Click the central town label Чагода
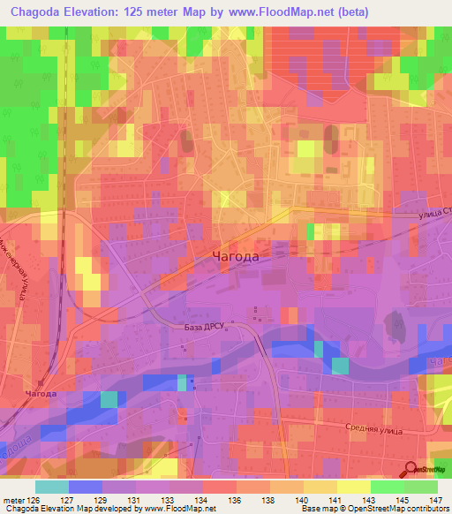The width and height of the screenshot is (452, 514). [236, 256]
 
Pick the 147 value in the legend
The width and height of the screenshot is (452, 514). [434, 499]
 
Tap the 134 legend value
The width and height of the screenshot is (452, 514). [202, 499]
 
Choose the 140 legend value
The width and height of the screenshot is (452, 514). [303, 499]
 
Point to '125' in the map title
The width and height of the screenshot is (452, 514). [151, 11]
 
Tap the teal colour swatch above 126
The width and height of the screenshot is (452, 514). [51, 487]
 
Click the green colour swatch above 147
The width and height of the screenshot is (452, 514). [421, 487]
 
